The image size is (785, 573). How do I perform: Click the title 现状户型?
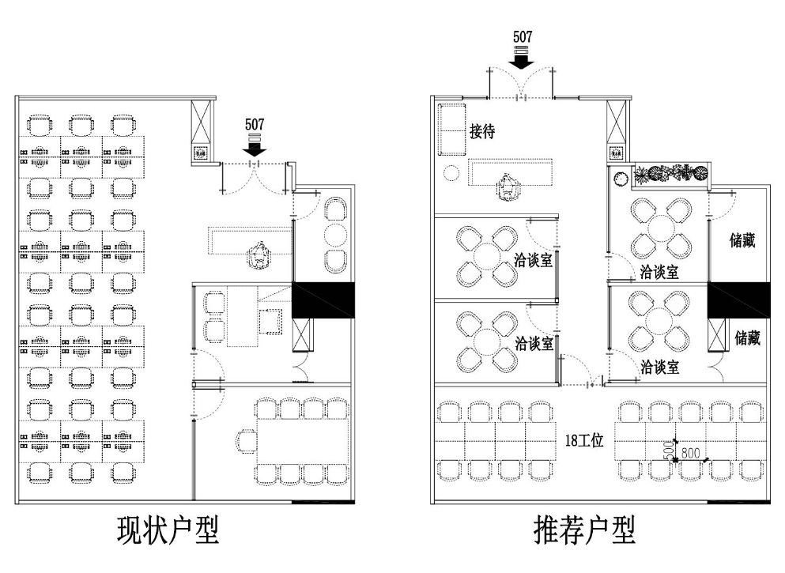tap(167, 530)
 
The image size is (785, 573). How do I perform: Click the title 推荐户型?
tap(584, 530)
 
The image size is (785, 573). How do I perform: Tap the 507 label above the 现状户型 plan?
tap(255, 124)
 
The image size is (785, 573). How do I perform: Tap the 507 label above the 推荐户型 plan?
tap(523, 37)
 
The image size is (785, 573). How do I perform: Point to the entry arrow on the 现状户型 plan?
tap(255, 146)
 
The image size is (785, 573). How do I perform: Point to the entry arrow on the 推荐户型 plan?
tap(523, 58)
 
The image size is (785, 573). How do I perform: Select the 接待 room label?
tap(481, 131)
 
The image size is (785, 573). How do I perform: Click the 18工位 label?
tap(585, 441)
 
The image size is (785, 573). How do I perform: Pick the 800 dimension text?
tap(690, 453)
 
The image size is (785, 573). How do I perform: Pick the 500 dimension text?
tap(668, 450)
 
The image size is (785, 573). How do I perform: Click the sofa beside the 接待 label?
tap(452, 129)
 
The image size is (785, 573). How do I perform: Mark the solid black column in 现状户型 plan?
tap(323, 301)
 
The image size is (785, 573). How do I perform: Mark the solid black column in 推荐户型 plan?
tap(738, 301)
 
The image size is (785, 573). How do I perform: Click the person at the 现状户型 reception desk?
tap(258, 256)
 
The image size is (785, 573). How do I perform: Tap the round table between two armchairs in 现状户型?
tap(336, 236)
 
